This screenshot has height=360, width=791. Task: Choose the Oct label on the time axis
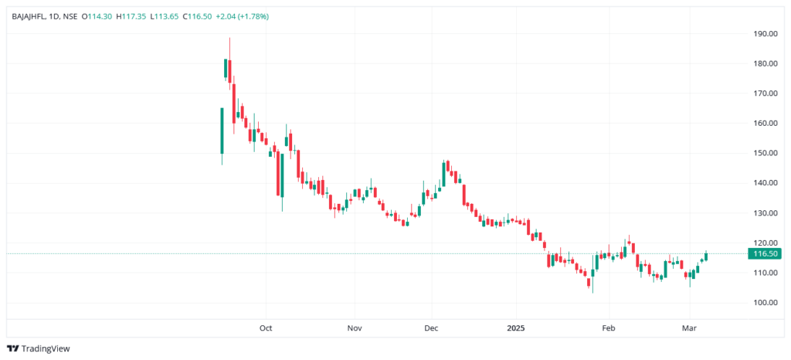coord(266,328)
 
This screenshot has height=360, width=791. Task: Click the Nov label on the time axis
coord(355,328)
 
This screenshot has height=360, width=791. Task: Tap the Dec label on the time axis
coord(432,328)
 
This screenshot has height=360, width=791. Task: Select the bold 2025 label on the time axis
coord(516,328)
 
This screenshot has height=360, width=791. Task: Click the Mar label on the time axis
coord(690,328)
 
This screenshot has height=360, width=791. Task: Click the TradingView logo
coord(39,348)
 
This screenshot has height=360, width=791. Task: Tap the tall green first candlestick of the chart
coord(222,131)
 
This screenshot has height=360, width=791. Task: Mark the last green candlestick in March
coord(706,256)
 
